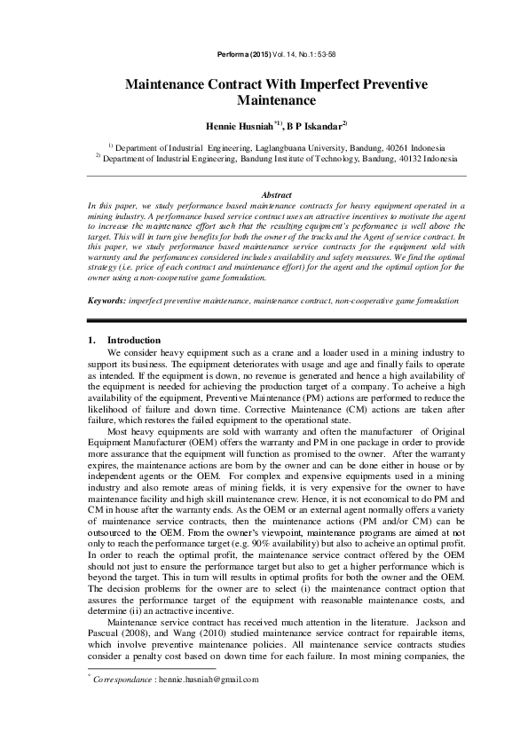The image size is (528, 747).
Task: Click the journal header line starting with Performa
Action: point(263,56)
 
